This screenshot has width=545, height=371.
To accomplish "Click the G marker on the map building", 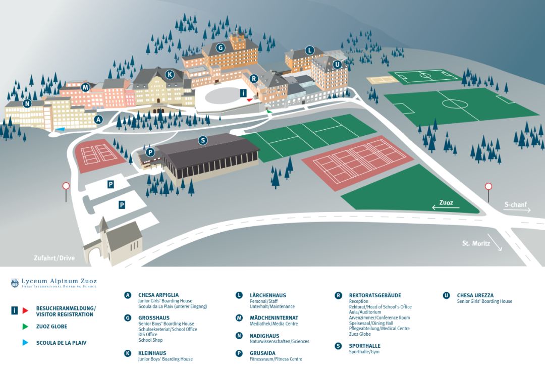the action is pos(220,48).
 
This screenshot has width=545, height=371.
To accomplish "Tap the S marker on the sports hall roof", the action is pos(203,140).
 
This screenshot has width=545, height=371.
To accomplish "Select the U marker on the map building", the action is pos(337,65).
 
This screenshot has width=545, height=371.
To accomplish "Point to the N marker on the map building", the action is pos(27,104).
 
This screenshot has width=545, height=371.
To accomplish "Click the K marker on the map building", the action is pos(170,75).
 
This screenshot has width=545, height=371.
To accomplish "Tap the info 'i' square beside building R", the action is pos(243,93).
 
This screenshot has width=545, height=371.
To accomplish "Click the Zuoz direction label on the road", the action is pos(446,203).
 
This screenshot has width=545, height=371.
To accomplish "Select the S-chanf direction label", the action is pos(516,205).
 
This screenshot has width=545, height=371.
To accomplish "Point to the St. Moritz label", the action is pos(475,243).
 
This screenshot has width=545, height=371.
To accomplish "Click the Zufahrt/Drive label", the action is pos(54,258).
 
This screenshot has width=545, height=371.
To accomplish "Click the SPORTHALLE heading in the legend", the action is pos(364,346).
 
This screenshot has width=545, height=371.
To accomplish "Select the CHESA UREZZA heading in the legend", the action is pos(475,295).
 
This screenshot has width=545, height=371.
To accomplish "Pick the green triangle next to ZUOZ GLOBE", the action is pos(25,327).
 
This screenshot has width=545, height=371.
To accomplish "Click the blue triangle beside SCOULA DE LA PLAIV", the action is pos(25,343).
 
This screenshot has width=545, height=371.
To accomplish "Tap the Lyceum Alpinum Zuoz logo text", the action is pos(59,281).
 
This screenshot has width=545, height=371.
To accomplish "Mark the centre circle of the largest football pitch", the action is pos(455,104).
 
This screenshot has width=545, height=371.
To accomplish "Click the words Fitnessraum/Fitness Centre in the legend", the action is pos(276,359).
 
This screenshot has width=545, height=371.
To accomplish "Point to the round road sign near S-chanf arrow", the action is pos(488,186).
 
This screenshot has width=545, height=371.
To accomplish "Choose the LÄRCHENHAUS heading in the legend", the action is pos(267,295).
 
